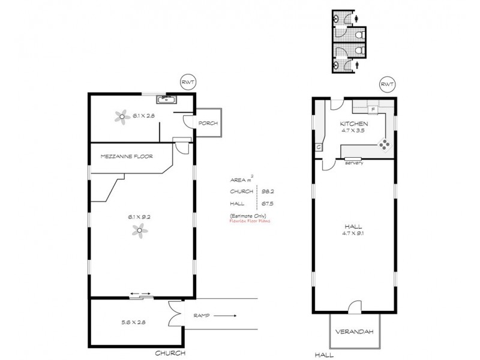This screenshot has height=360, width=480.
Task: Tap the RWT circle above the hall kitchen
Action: pos(386,85)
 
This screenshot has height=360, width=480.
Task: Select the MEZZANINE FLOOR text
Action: pos(127,157)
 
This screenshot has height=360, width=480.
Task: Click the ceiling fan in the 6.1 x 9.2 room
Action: pos(139,230)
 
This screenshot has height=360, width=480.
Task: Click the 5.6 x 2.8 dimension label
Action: pos(133,322)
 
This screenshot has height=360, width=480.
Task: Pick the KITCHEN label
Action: pos(353,124)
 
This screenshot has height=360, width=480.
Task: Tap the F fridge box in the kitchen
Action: pos(373,109)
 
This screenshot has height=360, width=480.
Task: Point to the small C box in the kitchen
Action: pos(318,147)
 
